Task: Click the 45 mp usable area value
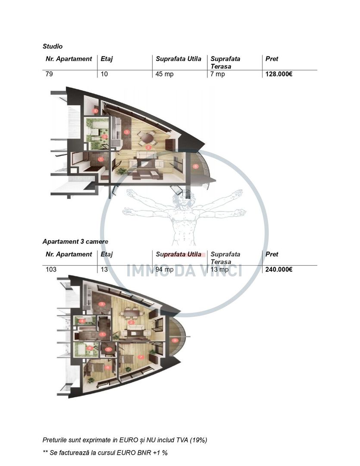pyautogui.click(x=165, y=74)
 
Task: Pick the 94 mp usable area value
pyautogui.click(x=165, y=270)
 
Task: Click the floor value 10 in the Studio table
pyautogui.click(x=104, y=74)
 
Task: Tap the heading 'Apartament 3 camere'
pyautogui.click(x=75, y=242)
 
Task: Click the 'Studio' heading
pyautogui.click(x=53, y=46)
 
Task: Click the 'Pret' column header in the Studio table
pyautogui.click(x=272, y=59)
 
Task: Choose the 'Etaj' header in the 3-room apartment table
pyautogui.click(x=106, y=254)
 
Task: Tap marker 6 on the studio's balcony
pyautogui.click(x=196, y=166)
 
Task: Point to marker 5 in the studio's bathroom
pyautogui.click(x=105, y=137)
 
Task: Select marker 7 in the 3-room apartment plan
pyautogui.click(x=141, y=357)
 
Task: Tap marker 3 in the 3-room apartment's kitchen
pyautogui.click(x=102, y=304)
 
